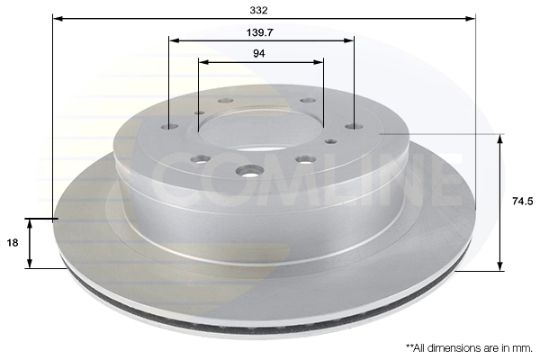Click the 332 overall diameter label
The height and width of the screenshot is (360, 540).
tap(258, 10)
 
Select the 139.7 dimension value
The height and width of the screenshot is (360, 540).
tap(260, 32)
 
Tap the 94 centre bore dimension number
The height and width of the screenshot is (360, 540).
tap(259, 53)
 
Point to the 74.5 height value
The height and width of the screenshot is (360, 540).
tap(522, 202)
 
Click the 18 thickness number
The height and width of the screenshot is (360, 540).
tap(13, 243)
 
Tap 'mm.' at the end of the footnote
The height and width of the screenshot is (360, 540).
tap(525, 348)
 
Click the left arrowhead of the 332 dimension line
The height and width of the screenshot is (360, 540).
tap(58, 18)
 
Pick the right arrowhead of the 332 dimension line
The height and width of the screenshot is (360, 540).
tap(471, 18)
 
